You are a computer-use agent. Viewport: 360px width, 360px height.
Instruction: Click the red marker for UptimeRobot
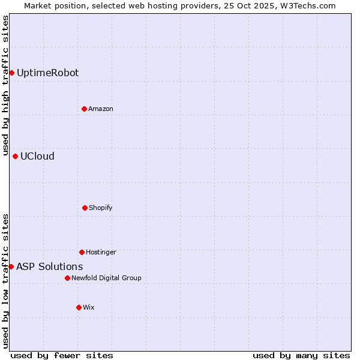pyautogui.click(x=11, y=73)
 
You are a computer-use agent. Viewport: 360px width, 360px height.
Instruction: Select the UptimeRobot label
pyautogui.click(x=47, y=73)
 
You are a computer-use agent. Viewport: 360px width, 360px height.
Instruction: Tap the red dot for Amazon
pyautogui.click(x=84, y=109)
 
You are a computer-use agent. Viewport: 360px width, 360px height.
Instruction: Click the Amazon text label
pyautogui.click(x=100, y=109)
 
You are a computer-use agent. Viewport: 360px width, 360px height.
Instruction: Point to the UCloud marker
pyautogui.click(x=15, y=156)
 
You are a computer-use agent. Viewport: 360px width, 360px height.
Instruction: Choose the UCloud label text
pyautogui.click(x=37, y=157)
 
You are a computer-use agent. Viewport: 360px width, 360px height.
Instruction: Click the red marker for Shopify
pyautogui.click(x=85, y=208)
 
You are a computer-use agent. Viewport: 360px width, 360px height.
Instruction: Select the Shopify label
pyautogui.click(x=100, y=208)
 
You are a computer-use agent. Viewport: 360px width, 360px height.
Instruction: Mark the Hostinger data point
pyautogui.click(x=82, y=252)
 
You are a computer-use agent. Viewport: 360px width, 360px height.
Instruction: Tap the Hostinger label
pyautogui.click(x=101, y=253)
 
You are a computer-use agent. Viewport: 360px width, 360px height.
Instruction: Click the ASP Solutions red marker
pyautogui.click(x=11, y=266)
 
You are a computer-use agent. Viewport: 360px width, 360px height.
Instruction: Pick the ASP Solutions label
pyautogui.click(x=49, y=267)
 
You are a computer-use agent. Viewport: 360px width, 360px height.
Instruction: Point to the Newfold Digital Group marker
pyautogui.click(x=67, y=278)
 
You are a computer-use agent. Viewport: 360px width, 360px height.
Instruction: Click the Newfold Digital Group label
pyautogui.click(x=106, y=278)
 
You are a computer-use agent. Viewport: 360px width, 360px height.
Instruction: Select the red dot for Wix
pyautogui.click(x=79, y=307)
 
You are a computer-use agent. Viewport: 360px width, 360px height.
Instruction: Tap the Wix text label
pyautogui.click(x=88, y=308)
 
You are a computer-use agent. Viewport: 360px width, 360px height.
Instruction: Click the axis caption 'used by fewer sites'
pyautogui.click(x=62, y=355)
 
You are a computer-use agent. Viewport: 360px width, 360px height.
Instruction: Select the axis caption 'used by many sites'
pyautogui.click(x=301, y=355)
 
